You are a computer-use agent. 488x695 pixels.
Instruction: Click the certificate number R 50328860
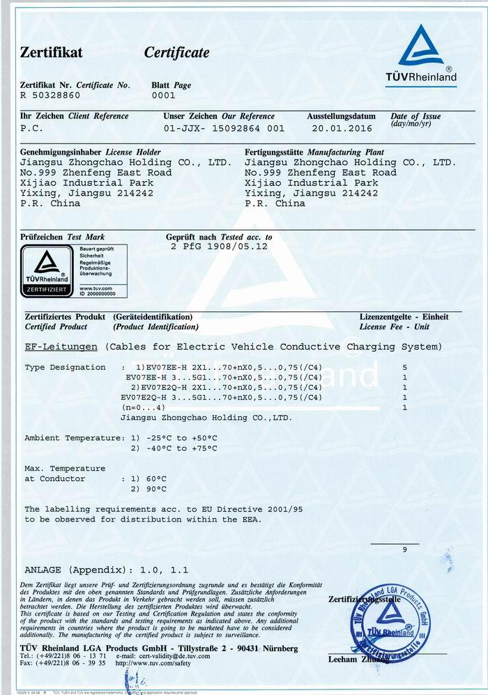(x=51, y=96)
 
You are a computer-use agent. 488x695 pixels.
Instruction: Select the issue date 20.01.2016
(x=342, y=128)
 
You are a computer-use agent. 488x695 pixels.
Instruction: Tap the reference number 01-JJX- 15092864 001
(x=224, y=128)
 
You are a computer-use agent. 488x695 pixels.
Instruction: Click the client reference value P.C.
(x=32, y=128)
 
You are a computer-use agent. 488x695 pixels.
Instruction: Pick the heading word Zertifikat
(x=52, y=53)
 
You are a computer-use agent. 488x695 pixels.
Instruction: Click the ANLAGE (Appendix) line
(x=106, y=568)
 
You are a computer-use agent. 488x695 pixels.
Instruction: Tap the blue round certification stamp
(x=386, y=622)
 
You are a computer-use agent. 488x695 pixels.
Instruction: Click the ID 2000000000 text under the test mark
(x=96, y=295)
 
